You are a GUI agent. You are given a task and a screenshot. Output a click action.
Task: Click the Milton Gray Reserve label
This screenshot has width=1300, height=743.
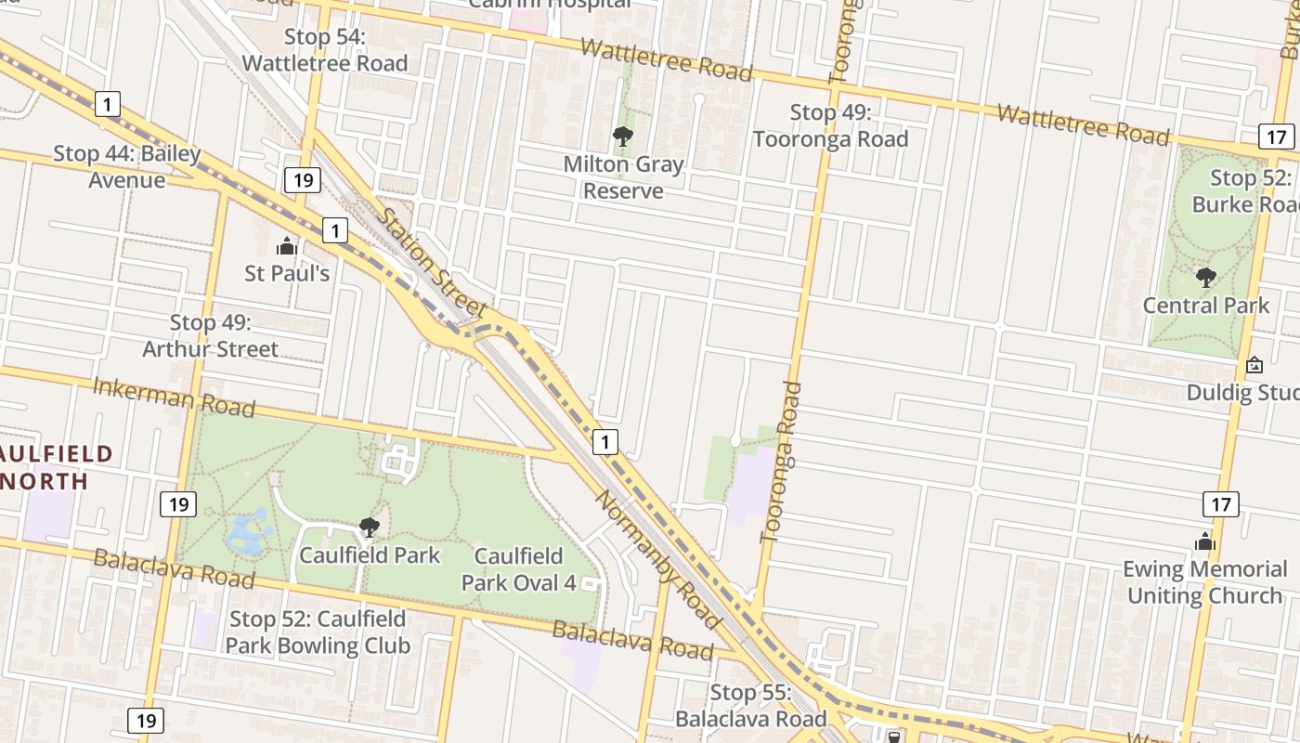click(x=624, y=177)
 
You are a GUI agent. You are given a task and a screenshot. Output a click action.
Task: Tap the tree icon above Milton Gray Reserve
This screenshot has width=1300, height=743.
click(x=623, y=137)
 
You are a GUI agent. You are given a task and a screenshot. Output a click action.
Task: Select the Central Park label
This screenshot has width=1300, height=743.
click(x=1205, y=305)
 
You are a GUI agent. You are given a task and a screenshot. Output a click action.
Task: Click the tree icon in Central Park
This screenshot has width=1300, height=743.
click(x=1206, y=277)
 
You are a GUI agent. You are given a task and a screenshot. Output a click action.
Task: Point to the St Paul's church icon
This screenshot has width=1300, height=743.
click(x=286, y=247)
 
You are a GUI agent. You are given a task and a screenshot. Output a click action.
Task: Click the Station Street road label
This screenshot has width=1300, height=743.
click(x=433, y=262)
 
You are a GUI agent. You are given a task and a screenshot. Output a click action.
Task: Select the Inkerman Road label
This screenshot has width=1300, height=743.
click(x=174, y=397)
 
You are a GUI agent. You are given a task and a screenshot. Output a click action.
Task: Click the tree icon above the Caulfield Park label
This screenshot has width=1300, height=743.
click(x=370, y=528)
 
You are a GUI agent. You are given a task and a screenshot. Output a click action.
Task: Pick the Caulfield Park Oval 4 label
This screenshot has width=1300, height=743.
click(x=518, y=569)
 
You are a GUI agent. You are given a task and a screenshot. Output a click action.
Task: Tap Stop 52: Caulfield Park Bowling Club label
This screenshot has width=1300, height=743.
click(x=318, y=632)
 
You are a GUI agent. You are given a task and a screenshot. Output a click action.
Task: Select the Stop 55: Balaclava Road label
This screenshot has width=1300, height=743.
click(x=750, y=705)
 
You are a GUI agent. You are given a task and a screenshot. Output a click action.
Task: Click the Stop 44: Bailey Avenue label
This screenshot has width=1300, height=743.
click(x=126, y=166)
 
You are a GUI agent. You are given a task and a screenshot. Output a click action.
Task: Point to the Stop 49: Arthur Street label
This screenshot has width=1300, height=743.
click(x=210, y=335)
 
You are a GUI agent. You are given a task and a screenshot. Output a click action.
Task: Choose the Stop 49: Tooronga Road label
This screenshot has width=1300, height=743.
click(x=830, y=125)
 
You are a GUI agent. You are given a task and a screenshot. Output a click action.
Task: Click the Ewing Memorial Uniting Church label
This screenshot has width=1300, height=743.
click(x=1204, y=581)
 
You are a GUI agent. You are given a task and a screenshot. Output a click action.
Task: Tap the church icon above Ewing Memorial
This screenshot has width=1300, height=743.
click(x=1205, y=541)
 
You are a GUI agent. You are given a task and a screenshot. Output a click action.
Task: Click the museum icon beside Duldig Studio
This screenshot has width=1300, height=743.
click(x=1254, y=365)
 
